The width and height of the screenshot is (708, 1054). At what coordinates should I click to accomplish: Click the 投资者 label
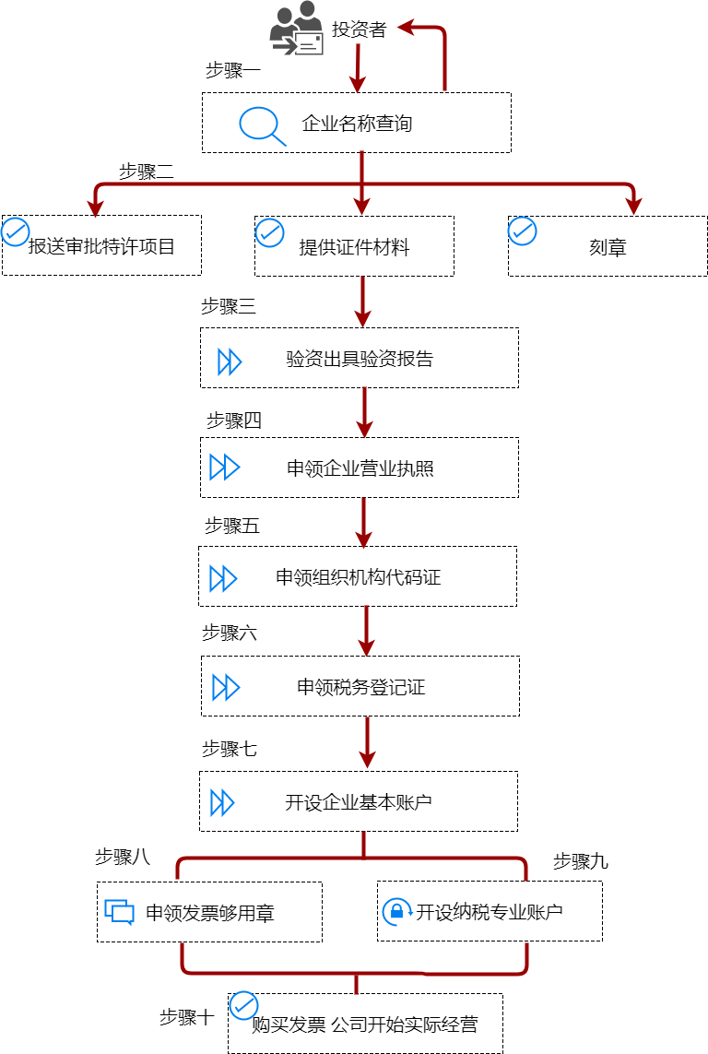coord(359,30)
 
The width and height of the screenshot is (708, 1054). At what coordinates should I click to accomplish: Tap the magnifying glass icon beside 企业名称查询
coord(262,125)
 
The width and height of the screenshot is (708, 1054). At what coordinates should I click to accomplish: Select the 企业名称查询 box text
coord(357,124)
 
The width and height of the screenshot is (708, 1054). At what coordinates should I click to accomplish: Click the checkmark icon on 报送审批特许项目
coord(16,231)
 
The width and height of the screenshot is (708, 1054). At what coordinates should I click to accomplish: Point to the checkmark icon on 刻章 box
coord(523,231)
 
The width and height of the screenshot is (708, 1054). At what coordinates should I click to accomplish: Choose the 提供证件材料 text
coord(354,247)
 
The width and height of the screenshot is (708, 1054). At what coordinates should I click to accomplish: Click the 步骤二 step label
coord(147,172)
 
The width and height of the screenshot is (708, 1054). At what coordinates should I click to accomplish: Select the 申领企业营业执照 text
coord(360,468)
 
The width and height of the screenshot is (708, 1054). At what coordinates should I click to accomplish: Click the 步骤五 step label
coord(231,527)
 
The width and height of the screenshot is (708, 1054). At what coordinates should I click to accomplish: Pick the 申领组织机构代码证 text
coord(358,578)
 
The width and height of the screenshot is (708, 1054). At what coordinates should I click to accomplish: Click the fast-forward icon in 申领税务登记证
coord(226,687)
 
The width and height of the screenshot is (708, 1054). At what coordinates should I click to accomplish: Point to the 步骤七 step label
coord(230,750)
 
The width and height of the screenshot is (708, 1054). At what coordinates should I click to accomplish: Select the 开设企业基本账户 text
coord(359,802)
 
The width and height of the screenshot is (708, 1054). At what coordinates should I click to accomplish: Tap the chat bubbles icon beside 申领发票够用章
coord(120,912)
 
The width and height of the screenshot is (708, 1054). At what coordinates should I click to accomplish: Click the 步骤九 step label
coord(580,862)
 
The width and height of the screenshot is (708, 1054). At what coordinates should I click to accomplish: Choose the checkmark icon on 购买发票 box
coord(243,1004)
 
